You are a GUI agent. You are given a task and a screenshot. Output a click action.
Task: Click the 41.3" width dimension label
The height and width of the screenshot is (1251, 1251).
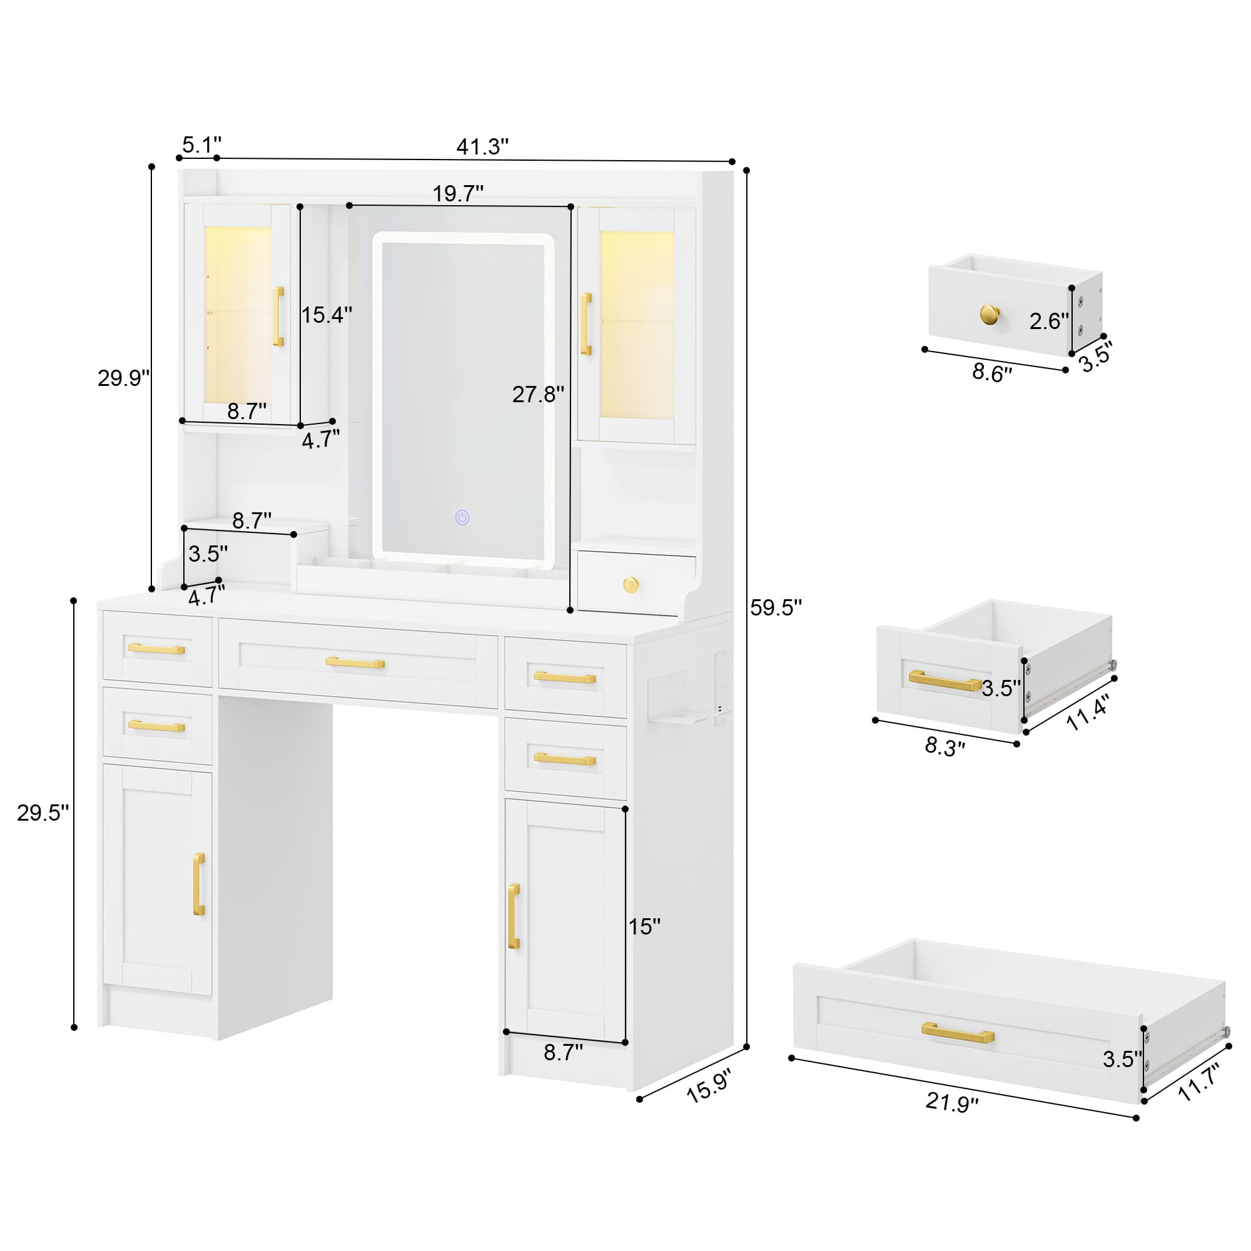[482, 147]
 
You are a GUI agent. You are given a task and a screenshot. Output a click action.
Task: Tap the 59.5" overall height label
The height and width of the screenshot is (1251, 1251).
[776, 607]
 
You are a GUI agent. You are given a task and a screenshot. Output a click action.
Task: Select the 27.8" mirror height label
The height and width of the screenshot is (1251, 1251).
[538, 393]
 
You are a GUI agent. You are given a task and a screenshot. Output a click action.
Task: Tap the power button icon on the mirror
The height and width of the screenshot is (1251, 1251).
[462, 517]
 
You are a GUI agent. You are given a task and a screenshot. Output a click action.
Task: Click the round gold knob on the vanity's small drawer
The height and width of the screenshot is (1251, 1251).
[631, 585]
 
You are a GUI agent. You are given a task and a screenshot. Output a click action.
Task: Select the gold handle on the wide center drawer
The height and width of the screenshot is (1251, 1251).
[355, 662]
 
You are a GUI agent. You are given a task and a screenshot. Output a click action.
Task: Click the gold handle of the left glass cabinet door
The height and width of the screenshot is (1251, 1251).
[278, 317]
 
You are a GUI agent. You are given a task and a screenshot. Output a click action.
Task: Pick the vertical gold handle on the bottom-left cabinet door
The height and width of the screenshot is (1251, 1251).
[199, 884]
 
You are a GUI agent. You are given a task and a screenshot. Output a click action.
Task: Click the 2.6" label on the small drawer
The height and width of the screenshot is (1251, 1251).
[1049, 320]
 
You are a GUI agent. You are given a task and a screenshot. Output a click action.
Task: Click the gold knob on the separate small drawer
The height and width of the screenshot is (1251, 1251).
[990, 315]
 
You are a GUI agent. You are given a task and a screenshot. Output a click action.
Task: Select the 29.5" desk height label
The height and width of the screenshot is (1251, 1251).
[43, 813]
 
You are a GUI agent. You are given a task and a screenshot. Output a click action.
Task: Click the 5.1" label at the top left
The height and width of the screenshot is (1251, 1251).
[201, 144]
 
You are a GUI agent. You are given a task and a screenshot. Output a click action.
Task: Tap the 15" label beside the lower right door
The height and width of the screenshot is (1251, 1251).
[644, 926]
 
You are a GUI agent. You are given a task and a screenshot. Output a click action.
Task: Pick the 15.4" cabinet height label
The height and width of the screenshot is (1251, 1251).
[327, 315]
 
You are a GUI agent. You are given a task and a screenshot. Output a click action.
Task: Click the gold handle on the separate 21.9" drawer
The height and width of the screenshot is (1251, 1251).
[958, 1032]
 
